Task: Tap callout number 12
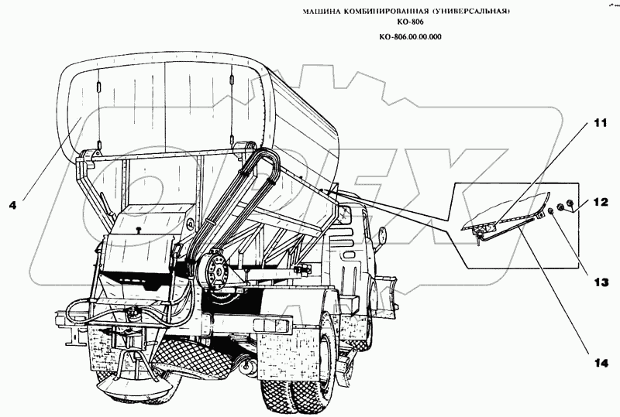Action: (601, 203)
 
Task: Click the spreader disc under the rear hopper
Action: (132, 387)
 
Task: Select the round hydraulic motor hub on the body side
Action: (216, 273)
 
